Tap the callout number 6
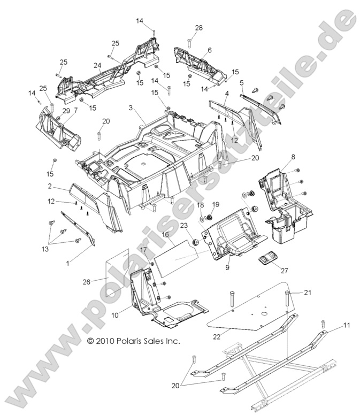(x=209, y=50)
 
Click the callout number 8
(x=293, y=157)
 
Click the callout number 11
(x=331, y=325)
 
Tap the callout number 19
(x=216, y=205)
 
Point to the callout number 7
(x=75, y=111)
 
